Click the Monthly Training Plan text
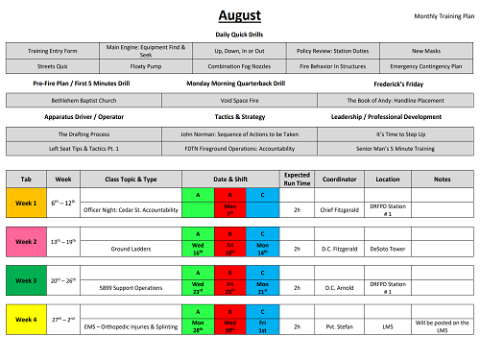coord(443,17)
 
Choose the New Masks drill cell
coord(425,50)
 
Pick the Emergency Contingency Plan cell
coord(425,67)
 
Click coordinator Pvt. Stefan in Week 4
coord(342,326)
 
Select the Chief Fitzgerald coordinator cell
coord(342,208)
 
